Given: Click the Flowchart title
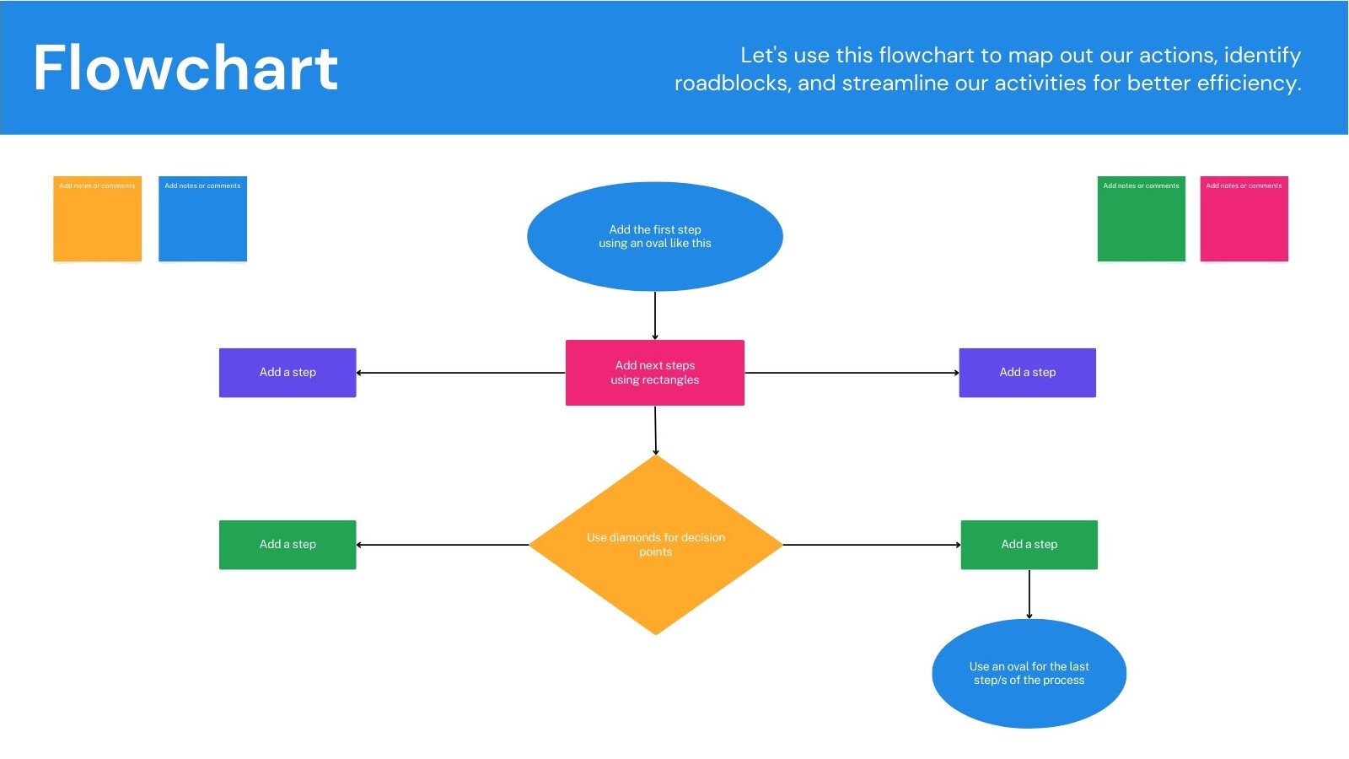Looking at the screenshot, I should tap(185, 68).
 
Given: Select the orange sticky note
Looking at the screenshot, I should tap(97, 219).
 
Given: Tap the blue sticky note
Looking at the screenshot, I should tap(202, 219).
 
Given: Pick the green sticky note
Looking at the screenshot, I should tap(1141, 219).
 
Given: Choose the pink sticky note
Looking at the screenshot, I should tap(1244, 219).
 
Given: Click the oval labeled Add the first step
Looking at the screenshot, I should tap(655, 237).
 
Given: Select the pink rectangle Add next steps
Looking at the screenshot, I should tap(655, 373).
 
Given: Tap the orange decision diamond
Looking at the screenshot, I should tap(655, 545).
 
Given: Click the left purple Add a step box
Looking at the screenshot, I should tap(288, 373).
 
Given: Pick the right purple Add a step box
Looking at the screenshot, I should tap(1027, 373).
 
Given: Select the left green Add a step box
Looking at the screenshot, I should tap(288, 545).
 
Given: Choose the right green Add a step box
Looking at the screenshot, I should tap(1029, 545).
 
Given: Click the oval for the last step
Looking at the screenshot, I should tap(1029, 673).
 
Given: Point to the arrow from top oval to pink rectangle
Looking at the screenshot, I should tap(655, 315).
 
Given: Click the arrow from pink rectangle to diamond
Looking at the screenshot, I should tap(655, 430).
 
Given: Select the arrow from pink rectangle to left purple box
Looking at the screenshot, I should tap(460, 373).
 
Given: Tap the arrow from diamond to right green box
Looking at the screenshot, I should tap(872, 545).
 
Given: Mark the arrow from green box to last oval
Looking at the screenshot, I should tap(1029, 594).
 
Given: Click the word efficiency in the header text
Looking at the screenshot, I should tap(1250, 83).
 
